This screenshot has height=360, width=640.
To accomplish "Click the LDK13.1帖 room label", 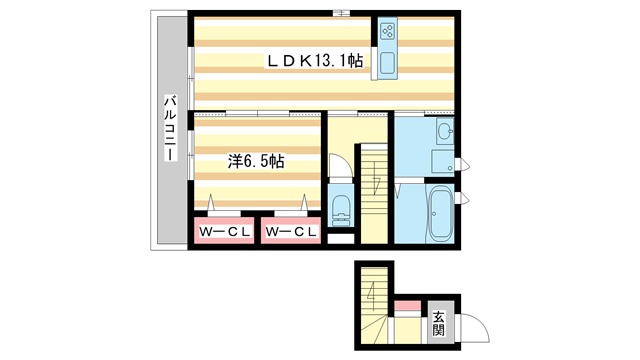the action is [314, 61].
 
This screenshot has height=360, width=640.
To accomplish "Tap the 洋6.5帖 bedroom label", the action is [256, 162].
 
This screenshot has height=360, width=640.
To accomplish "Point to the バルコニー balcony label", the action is [171, 128].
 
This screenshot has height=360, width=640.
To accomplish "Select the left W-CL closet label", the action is [224, 232].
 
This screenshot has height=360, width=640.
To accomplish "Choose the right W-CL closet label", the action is [291, 232].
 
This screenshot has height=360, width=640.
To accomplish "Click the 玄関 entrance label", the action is [438, 323].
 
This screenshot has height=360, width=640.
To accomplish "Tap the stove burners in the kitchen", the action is [387, 31].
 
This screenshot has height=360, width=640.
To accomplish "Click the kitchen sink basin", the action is [387, 64].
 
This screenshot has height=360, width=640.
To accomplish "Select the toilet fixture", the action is [341, 210].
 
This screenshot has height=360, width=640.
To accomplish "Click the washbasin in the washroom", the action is [444, 131].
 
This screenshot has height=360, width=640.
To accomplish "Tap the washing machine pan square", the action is [442, 162].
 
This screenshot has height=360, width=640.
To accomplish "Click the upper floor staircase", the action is [374, 194].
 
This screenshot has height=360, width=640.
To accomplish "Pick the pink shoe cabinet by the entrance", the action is [407, 305].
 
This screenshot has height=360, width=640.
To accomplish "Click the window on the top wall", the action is [341, 13].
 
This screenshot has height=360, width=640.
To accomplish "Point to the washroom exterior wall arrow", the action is [465, 166].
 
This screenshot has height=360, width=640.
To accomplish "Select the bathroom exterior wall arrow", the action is [465, 199].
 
